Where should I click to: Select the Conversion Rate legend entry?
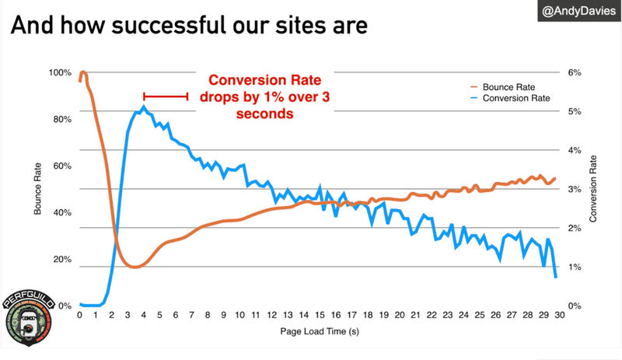[516, 99]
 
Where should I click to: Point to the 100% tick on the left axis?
[60, 72]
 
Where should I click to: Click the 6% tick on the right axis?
[574, 72]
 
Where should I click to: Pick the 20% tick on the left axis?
[62, 259]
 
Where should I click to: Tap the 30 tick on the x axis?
[556, 316]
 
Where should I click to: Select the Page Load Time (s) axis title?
[317, 331]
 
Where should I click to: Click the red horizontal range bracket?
[166, 96]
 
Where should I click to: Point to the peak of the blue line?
[143, 107]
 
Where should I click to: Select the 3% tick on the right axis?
[574, 189]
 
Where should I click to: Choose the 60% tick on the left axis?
[62, 166]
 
